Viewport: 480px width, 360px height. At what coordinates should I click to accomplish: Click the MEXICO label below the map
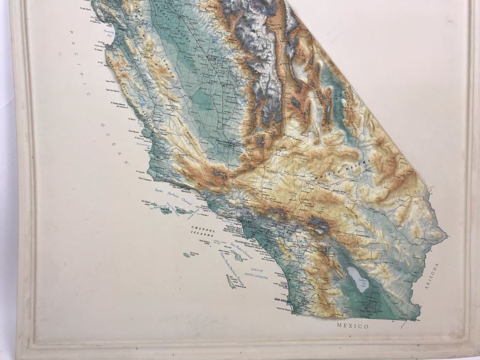(352, 325)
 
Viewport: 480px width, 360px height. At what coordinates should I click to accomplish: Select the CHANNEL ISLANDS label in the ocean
(203, 232)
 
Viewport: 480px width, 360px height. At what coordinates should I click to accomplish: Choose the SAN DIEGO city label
(283, 300)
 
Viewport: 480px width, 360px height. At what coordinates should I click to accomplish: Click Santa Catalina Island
(237, 257)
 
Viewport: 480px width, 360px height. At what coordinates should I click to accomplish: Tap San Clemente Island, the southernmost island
(231, 281)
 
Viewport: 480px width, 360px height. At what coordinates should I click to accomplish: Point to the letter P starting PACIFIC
(70, 33)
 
